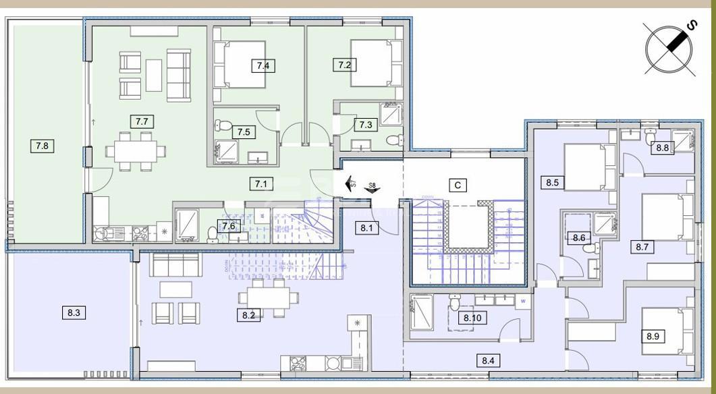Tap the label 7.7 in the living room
141,121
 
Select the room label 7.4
263,65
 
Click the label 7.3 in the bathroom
366,125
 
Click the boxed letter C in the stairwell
458,185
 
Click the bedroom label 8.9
653,335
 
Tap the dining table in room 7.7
134,150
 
